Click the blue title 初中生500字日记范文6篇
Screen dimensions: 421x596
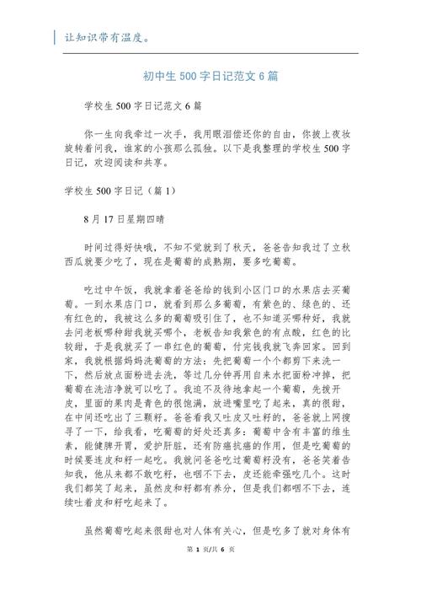coord(210,76)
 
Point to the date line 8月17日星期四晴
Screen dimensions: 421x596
coord(130,218)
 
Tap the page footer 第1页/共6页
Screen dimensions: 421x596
coord(210,573)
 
